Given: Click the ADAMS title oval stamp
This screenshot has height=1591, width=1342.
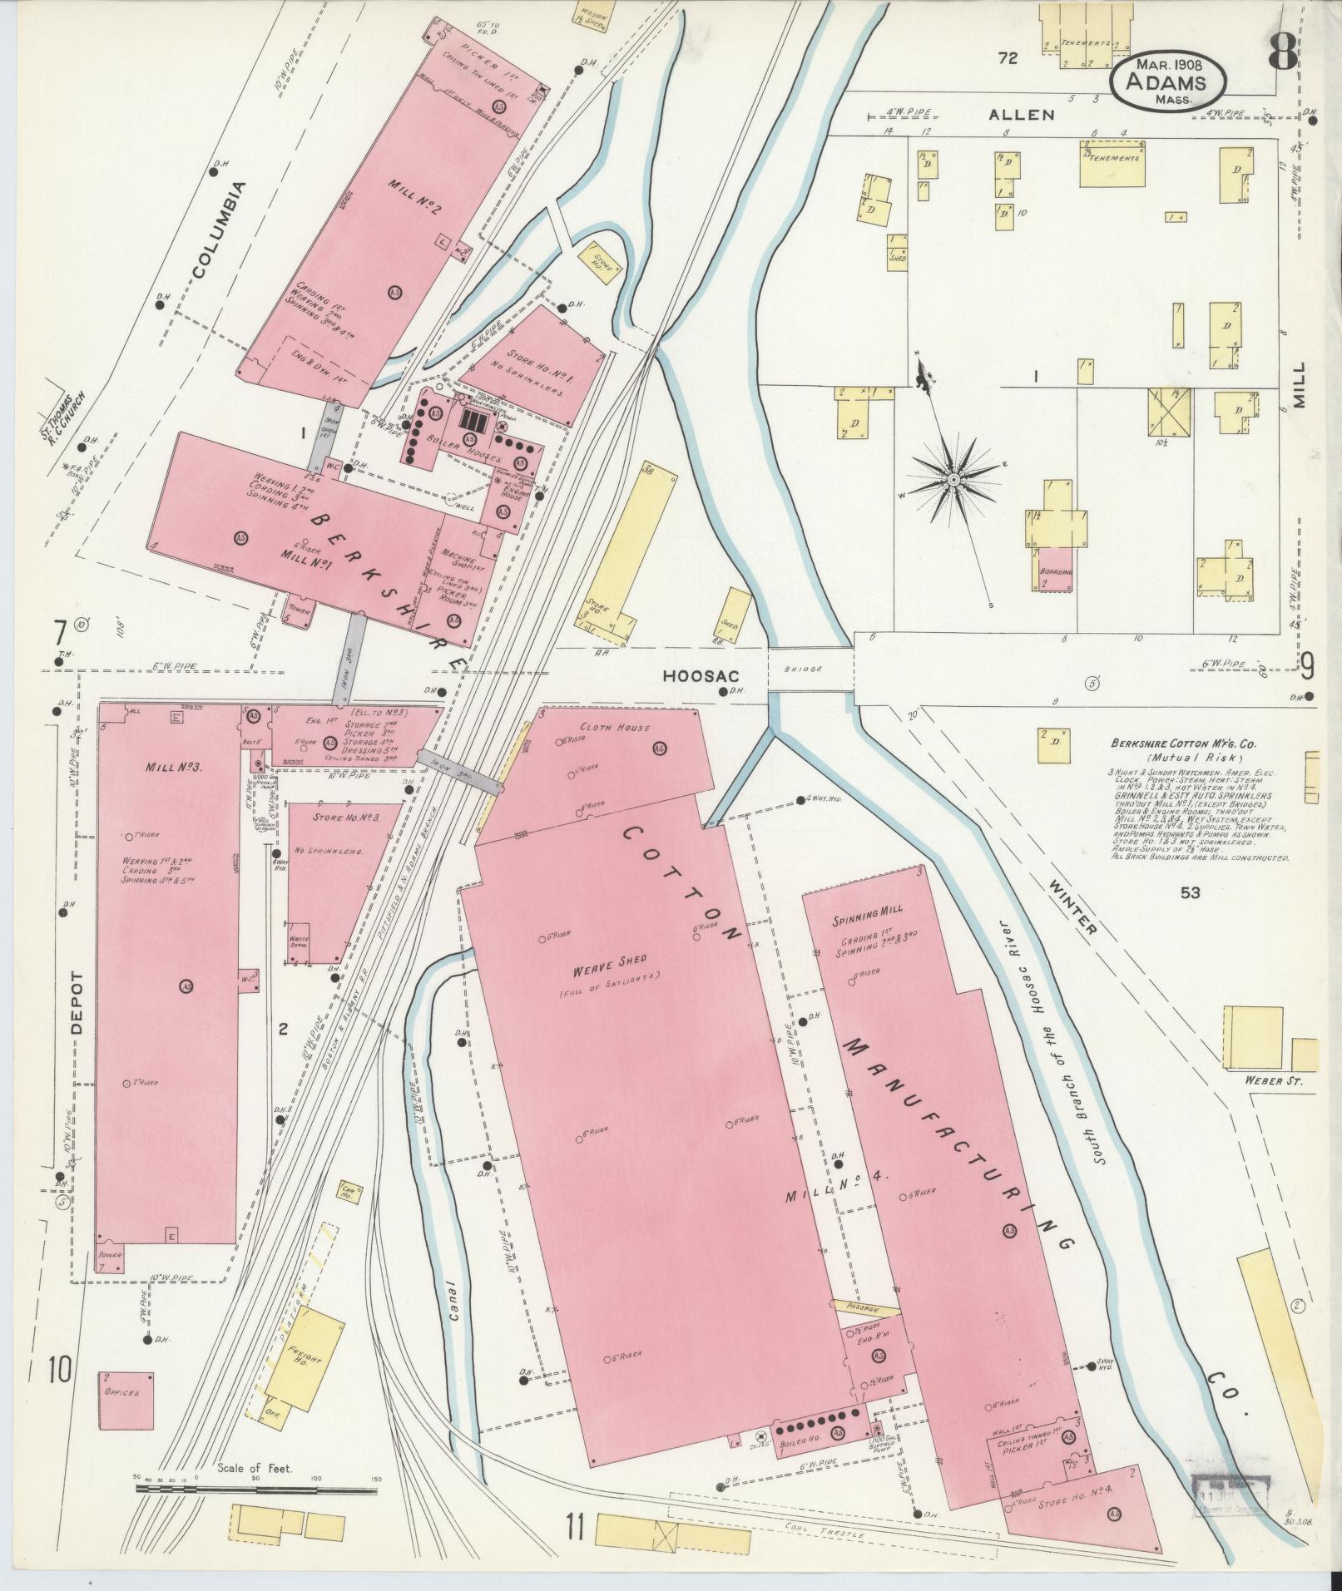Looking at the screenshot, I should pos(1168,82).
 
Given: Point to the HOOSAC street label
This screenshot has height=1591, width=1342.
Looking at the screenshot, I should pos(696,676).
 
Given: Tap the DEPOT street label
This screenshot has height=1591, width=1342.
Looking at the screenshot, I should pos(79,1002).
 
